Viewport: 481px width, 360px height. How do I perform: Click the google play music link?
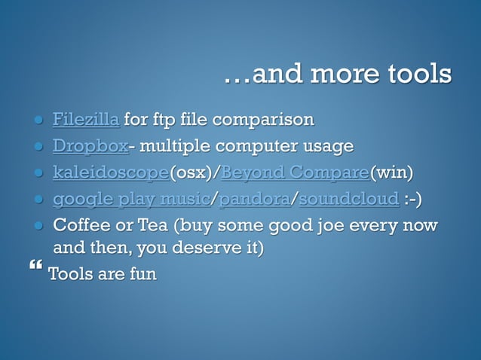[130, 200]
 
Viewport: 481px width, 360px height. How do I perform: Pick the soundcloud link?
[348, 200]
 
